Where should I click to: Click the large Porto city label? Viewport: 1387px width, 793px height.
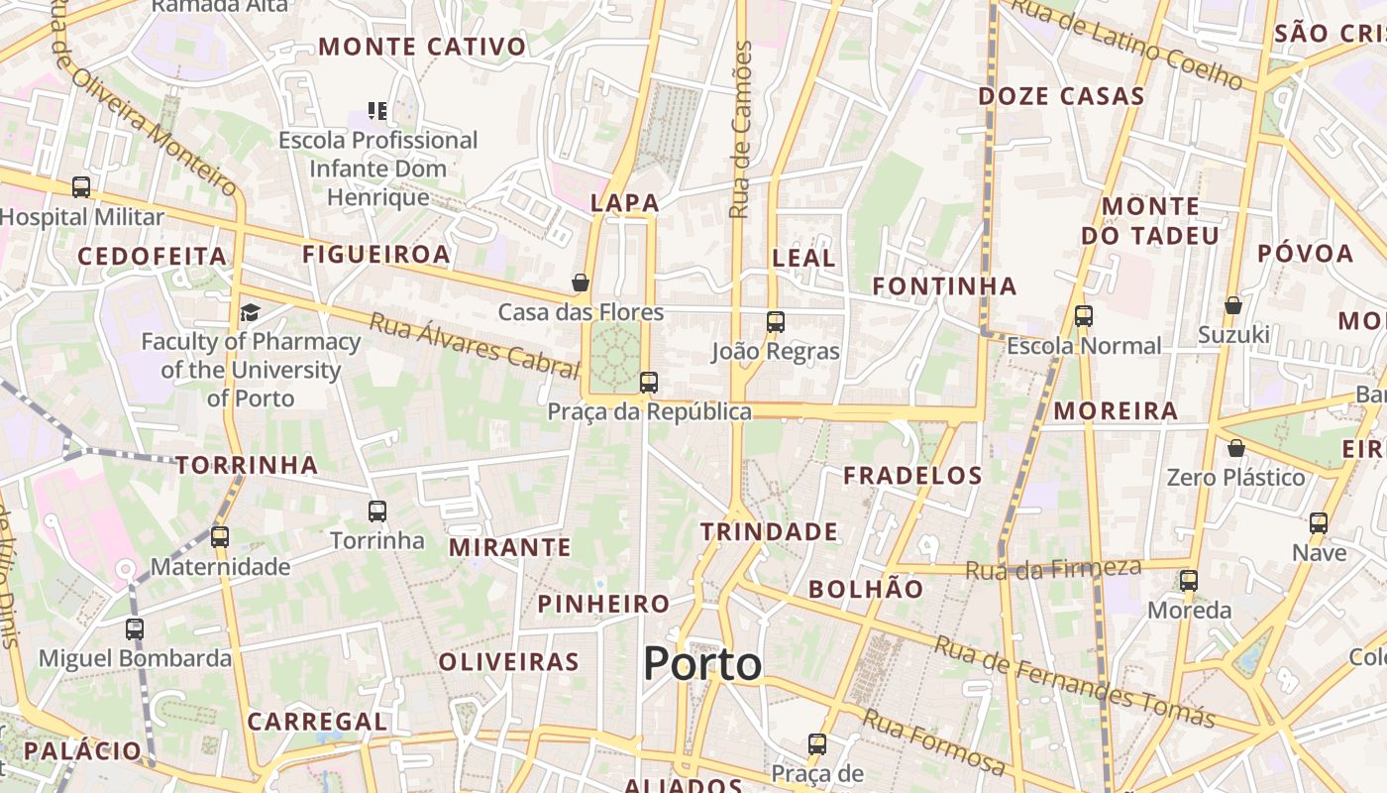coord(702,663)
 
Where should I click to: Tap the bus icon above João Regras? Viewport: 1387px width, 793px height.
coord(776,321)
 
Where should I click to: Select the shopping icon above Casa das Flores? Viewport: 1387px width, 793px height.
coord(581,283)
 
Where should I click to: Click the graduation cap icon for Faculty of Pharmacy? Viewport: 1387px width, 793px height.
coord(250,313)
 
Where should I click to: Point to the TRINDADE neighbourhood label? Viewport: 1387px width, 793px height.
coord(769,532)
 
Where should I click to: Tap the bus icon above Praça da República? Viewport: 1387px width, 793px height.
coord(649,382)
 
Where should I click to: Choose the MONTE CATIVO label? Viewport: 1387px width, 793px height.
coord(422,47)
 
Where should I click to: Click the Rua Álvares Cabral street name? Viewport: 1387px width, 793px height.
coord(474,346)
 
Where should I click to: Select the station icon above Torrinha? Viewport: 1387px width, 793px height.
coord(377,511)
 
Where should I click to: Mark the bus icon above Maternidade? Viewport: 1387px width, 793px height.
coord(220,537)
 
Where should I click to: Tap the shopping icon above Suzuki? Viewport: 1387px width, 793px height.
coord(1233,305)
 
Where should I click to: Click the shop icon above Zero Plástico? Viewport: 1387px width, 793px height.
coord(1235,448)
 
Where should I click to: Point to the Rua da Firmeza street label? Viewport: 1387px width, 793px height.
coord(1053,569)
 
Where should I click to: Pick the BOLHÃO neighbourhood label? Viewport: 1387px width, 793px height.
coord(866,589)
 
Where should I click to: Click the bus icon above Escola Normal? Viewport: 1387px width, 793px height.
coord(1084,316)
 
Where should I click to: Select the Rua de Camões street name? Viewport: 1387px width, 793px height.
coord(740,129)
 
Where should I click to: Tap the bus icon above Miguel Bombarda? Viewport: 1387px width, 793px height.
coord(135,628)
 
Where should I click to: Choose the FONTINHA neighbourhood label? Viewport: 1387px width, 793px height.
coord(944,286)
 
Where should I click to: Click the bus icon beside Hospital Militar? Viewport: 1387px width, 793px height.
coord(81,186)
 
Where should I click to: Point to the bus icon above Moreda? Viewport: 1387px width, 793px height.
coord(1189,581)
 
